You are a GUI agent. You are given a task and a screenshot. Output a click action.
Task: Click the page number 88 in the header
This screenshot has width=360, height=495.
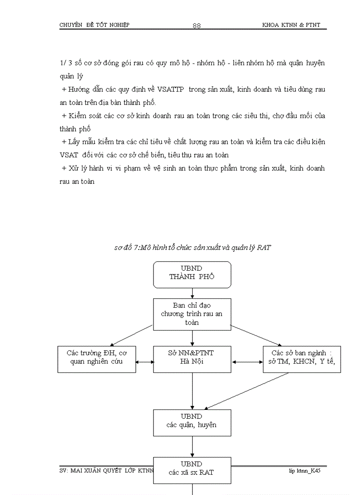click(197, 26)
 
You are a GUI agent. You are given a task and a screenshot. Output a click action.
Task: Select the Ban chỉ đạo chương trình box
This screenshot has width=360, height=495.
click(192, 314)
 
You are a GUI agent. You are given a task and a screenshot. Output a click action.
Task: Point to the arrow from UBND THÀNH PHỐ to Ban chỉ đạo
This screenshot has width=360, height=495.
click(192, 293)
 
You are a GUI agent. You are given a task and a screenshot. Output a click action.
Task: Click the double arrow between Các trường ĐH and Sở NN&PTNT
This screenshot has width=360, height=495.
click(145, 362)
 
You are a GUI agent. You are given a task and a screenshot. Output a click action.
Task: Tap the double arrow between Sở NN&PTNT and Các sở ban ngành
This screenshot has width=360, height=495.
click(247, 362)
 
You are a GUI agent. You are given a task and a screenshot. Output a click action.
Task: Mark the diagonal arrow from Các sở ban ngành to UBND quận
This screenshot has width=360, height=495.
click(247, 391)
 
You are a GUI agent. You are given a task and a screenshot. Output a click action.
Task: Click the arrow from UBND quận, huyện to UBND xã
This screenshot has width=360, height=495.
click(192, 446)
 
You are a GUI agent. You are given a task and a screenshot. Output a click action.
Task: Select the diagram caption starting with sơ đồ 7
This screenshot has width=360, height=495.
click(192, 248)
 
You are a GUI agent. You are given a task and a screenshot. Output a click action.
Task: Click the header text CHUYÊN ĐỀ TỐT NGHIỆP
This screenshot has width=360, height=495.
click(94, 25)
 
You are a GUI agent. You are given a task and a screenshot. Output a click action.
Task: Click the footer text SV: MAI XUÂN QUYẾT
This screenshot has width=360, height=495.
click(90, 470)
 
